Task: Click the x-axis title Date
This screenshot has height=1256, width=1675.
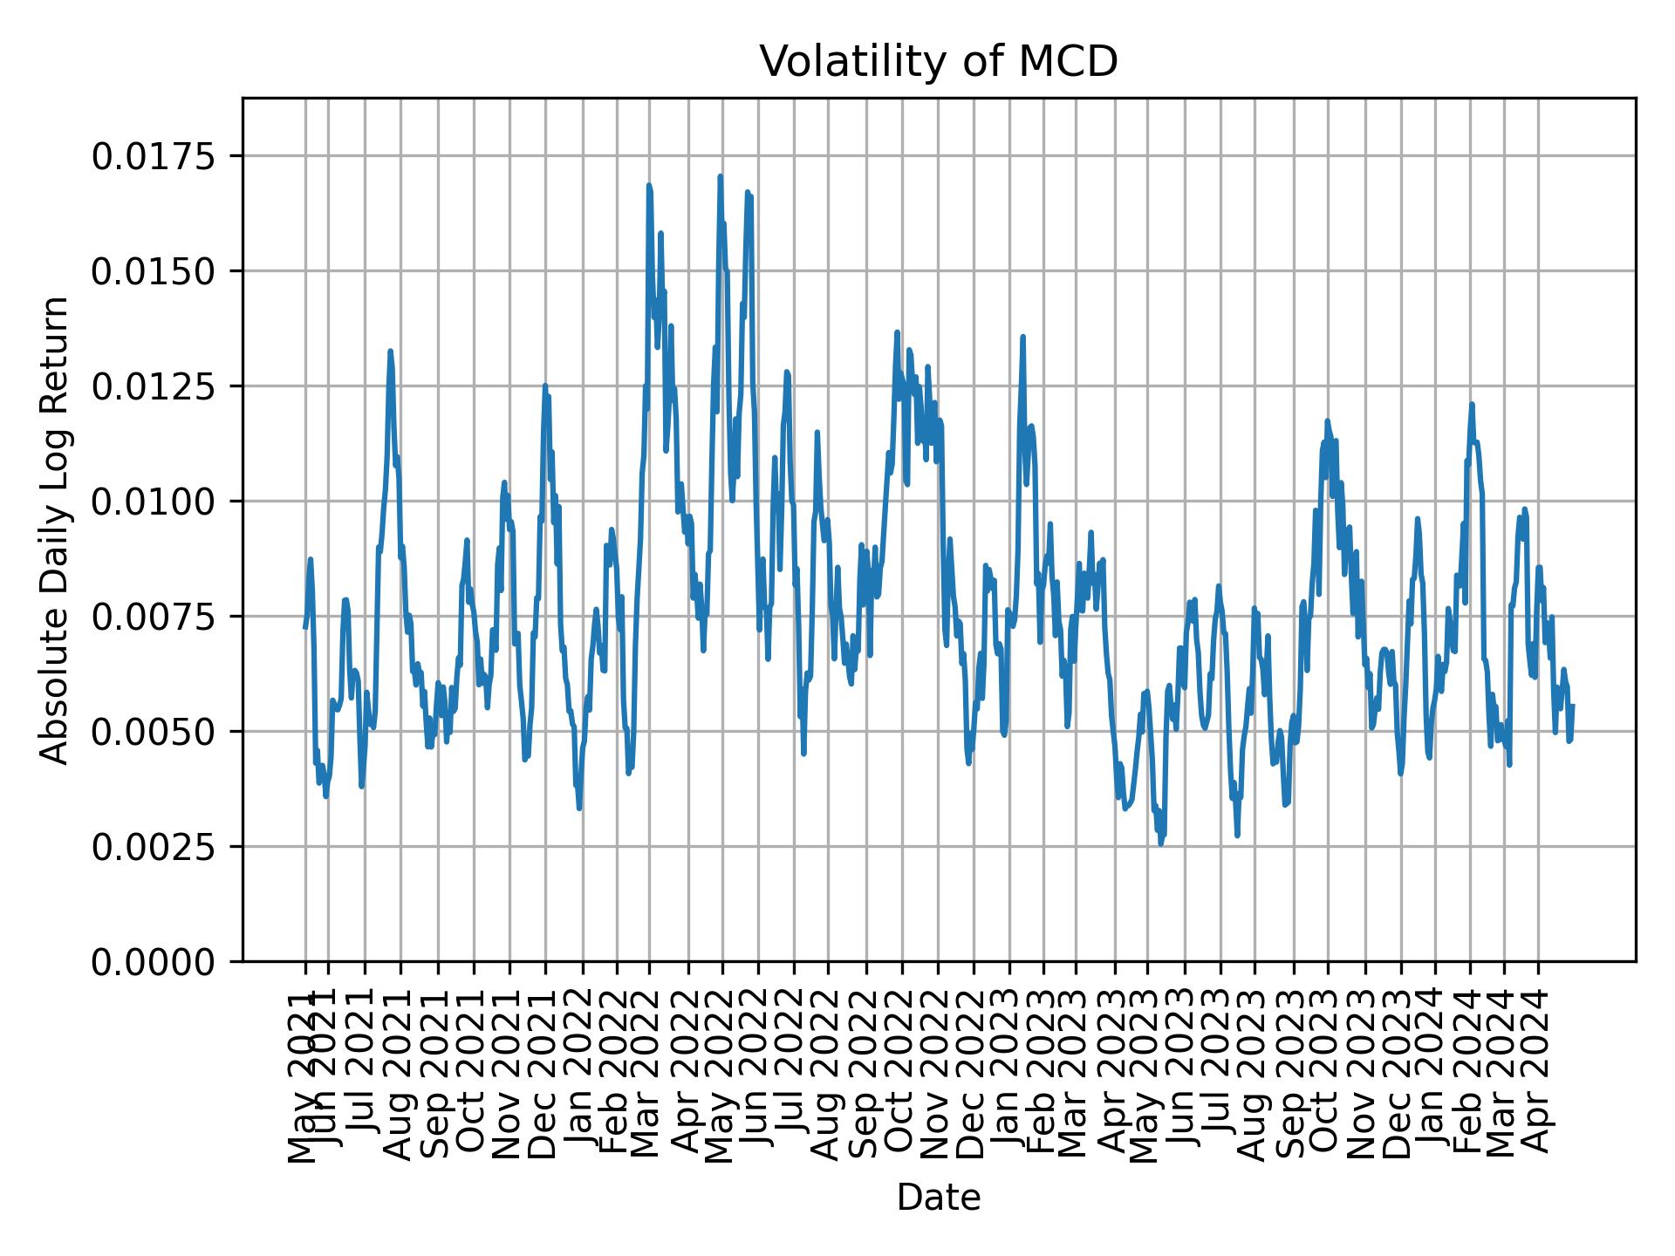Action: [x=938, y=1198]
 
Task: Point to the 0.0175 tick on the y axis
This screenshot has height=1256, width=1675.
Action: [x=153, y=156]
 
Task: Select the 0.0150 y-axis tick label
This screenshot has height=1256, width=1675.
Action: [x=153, y=271]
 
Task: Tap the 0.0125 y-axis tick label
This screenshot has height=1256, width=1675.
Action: [x=153, y=386]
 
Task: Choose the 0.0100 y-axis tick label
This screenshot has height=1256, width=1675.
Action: [x=153, y=502]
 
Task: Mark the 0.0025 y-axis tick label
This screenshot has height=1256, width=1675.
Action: [x=153, y=846]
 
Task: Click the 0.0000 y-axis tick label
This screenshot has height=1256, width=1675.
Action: [x=153, y=961]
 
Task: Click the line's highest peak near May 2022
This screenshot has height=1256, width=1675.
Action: [x=721, y=177]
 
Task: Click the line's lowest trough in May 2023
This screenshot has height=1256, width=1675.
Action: [x=1160, y=843]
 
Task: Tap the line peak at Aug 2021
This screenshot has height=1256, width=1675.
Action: [x=390, y=352]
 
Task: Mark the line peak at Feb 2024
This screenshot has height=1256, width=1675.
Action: [x=1472, y=405]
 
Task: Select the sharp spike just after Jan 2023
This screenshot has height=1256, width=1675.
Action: [x=1022, y=337]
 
